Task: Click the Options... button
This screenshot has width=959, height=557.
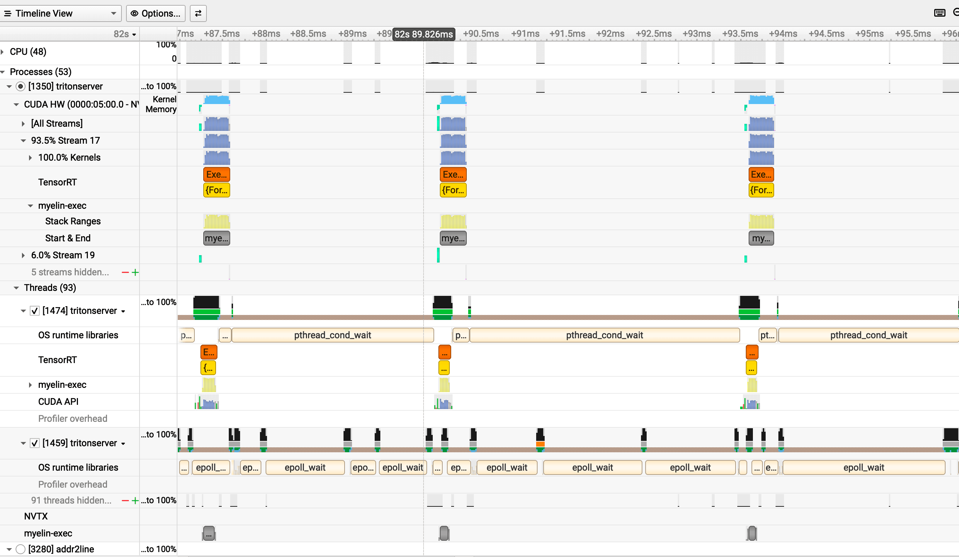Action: tap(156, 13)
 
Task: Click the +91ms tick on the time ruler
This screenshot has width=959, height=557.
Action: tap(525, 34)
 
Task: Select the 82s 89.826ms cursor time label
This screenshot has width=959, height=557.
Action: tap(424, 34)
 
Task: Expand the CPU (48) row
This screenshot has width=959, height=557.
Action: tap(3, 52)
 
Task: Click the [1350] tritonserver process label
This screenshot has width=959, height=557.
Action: tap(65, 86)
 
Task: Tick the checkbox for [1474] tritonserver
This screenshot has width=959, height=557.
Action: tap(35, 311)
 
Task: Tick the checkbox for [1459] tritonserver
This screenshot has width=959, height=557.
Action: tap(35, 443)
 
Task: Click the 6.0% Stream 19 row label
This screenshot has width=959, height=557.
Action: tap(63, 255)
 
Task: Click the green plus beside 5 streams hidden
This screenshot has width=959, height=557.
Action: tap(135, 272)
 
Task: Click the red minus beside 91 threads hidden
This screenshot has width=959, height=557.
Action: tap(125, 500)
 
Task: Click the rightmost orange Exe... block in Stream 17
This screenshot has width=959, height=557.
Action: tap(761, 174)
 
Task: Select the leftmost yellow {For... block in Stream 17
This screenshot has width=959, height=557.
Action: tap(216, 190)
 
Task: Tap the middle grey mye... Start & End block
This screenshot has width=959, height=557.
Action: tap(453, 239)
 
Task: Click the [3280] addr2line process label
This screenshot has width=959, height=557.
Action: tap(61, 549)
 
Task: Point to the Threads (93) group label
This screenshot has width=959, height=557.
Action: tap(50, 288)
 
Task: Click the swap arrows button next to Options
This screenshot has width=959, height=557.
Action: tap(198, 13)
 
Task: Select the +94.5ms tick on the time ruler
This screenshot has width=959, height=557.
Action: tap(826, 34)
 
